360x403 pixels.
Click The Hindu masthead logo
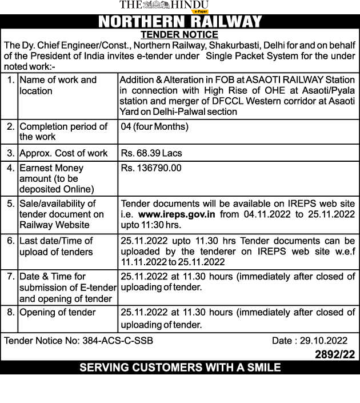(x=164, y=6)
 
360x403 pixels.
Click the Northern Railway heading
(x=180, y=22)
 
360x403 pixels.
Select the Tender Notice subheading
(x=180, y=34)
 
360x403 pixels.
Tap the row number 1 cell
(x=11, y=80)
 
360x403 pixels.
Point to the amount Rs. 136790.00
(x=151, y=168)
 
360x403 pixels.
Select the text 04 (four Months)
(x=154, y=126)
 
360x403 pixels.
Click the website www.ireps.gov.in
(x=176, y=214)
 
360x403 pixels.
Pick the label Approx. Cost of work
(x=63, y=153)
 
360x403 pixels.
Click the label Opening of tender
(x=58, y=313)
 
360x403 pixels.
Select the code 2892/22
(x=335, y=354)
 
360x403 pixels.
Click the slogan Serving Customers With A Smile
(x=180, y=368)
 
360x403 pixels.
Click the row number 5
(x=11, y=204)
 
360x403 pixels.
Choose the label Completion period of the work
(x=63, y=131)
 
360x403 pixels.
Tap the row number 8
(x=11, y=313)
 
